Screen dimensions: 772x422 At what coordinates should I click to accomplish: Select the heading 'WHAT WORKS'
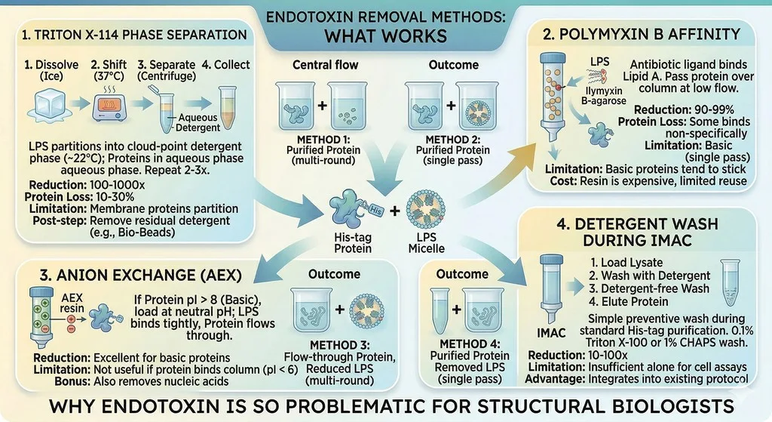tap(385, 36)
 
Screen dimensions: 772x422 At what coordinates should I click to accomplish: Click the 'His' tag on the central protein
tap(375, 210)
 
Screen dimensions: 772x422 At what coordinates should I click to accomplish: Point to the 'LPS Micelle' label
tap(427, 242)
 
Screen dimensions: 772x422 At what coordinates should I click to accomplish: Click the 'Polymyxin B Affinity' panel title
tap(642, 33)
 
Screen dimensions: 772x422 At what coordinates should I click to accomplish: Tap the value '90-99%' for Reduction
tap(714, 109)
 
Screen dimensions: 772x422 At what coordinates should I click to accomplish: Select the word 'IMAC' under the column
tap(551, 333)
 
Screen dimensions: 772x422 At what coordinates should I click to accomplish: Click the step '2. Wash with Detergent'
tap(649, 276)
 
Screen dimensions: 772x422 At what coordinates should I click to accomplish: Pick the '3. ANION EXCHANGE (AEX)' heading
tap(141, 275)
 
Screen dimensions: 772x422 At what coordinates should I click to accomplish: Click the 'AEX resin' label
tap(72, 303)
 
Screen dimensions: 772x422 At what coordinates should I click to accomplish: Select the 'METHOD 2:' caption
tap(453, 140)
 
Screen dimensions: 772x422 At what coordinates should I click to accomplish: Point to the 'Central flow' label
tap(326, 65)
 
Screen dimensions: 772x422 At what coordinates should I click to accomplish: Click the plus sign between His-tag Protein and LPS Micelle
tap(394, 211)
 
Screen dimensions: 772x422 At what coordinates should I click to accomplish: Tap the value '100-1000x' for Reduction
tap(117, 185)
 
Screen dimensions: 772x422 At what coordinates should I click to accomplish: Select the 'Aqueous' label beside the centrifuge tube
tap(198, 117)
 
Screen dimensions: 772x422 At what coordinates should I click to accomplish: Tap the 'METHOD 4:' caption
tap(470, 343)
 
